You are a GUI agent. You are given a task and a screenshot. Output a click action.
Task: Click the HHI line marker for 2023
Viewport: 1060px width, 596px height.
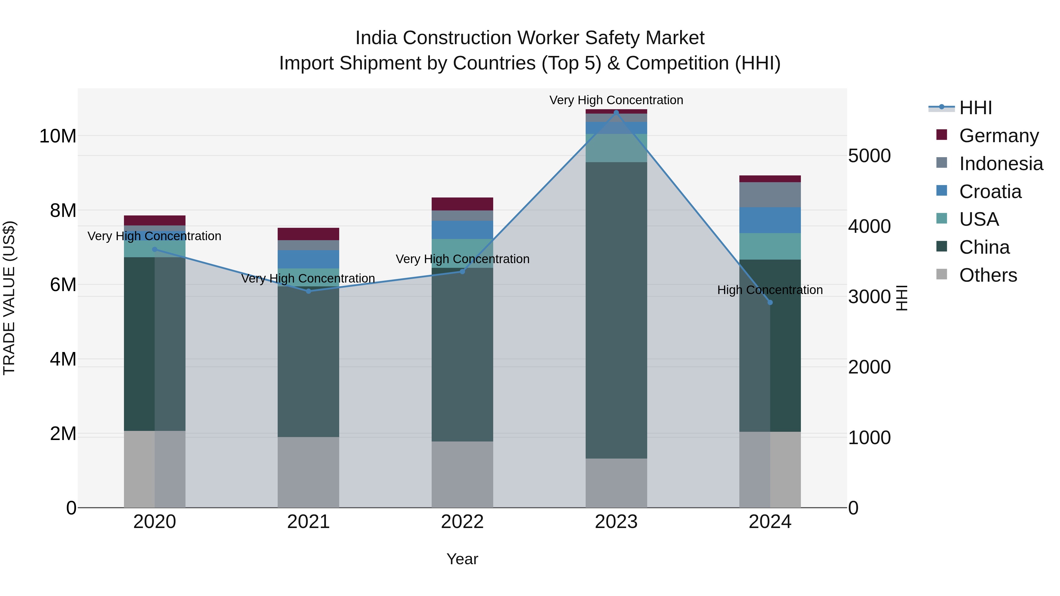click(616, 112)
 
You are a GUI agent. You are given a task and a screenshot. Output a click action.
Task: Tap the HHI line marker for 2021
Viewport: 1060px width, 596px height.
click(308, 291)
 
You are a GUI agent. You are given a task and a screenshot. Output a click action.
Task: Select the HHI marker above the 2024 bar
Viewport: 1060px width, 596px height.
click(770, 302)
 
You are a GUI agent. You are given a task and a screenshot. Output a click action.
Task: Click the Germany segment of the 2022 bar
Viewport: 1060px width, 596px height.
click(462, 204)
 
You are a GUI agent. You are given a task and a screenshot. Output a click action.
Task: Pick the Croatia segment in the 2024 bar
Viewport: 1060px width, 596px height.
click(770, 220)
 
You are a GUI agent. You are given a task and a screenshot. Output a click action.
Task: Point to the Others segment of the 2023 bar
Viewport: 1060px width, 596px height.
click(616, 483)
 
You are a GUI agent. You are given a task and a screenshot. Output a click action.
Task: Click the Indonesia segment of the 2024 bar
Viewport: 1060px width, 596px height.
click(770, 195)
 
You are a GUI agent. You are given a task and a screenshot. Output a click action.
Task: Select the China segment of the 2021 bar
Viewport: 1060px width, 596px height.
click(308, 362)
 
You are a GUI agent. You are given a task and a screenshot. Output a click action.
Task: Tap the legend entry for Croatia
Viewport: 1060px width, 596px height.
click(990, 192)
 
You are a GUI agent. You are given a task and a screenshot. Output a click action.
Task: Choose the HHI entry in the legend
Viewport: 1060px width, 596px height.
click(975, 108)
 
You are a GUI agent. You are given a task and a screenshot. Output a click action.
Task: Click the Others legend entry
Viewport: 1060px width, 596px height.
click(988, 275)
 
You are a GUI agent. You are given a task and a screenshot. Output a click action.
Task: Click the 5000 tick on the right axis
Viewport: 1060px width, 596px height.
click(869, 156)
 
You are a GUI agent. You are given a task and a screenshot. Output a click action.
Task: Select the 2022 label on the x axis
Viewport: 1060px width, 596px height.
click(462, 522)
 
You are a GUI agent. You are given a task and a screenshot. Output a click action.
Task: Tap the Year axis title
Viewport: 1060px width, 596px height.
click(462, 559)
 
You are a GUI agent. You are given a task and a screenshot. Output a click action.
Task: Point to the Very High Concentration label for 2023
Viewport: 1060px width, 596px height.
click(616, 100)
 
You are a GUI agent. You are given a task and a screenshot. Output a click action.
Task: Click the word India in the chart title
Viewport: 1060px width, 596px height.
click(376, 38)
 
